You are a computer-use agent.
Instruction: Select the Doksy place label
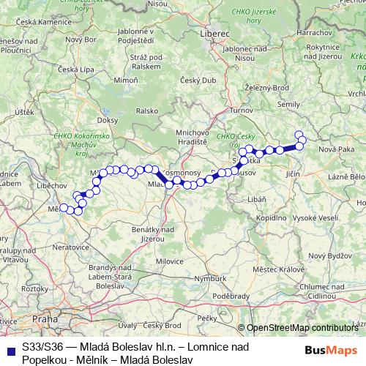pyautogui.click(x=107, y=119)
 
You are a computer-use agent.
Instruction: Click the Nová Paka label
pyautogui.click(x=336, y=149)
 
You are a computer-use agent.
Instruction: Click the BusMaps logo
pyautogui.click(x=332, y=350)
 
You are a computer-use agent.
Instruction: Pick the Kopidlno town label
pyautogui.click(x=272, y=218)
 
